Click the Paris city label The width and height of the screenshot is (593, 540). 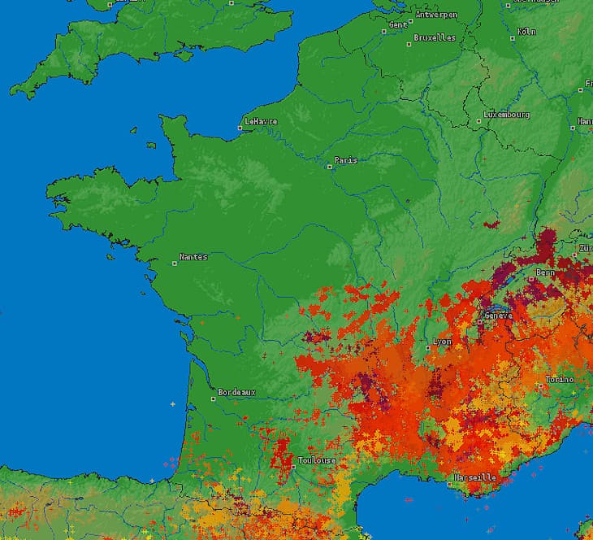(x=346, y=160)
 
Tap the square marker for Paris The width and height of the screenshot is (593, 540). (x=330, y=167)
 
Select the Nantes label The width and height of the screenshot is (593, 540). (x=193, y=257)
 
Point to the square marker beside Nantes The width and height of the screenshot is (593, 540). (x=175, y=263)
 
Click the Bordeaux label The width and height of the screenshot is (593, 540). (x=236, y=392)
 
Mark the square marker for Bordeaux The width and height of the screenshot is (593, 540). (x=214, y=398)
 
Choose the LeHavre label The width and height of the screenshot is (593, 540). (x=262, y=121)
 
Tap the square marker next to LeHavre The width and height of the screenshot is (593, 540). (x=241, y=128)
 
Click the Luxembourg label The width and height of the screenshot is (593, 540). (x=506, y=115)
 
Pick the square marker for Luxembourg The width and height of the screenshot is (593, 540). (x=479, y=122)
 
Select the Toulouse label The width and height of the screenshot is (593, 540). (x=317, y=460)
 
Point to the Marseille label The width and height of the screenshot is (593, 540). (x=475, y=477)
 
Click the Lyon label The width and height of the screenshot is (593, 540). (x=443, y=342)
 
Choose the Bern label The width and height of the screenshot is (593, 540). (x=545, y=272)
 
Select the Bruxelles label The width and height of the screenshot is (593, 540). (x=435, y=37)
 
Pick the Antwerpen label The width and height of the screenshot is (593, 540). (x=436, y=15)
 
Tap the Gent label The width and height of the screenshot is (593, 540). (x=398, y=24)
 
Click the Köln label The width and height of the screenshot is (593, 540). (x=526, y=32)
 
